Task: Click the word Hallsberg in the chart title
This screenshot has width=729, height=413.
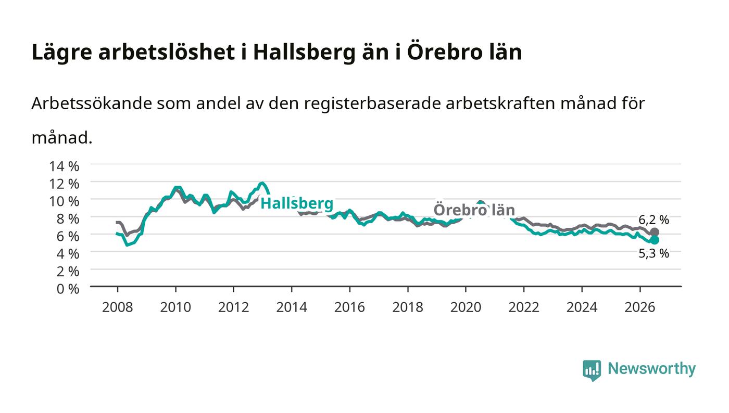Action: point(304,53)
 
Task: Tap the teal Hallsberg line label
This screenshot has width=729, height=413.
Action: point(297,203)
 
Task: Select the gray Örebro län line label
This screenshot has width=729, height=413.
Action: point(474,210)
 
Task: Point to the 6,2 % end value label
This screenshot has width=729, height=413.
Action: point(653,220)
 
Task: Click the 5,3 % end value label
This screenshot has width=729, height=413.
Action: point(653,254)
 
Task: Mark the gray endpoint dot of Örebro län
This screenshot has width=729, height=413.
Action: point(655,232)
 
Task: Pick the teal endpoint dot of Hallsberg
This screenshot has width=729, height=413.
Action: point(655,240)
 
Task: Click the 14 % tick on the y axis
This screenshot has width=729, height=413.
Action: point(64,166)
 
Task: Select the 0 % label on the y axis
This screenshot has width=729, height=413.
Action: point(68,289)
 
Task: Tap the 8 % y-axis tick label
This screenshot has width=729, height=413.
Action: point(68,219)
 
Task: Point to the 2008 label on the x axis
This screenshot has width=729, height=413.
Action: point(118,307)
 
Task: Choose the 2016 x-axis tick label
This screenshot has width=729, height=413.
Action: point(349,307)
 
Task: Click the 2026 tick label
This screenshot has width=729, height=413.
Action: point(640,307)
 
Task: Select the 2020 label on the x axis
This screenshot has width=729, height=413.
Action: point(466,307)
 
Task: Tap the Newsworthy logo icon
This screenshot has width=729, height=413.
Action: point(592,370)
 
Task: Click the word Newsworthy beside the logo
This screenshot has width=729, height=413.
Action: point(652,368)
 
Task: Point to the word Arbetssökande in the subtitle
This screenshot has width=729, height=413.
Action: point(92,104)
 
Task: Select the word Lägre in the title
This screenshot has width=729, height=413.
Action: point(62,53)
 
